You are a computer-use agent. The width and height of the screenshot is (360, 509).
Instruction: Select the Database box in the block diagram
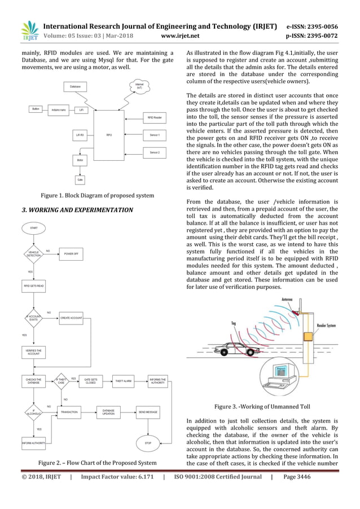(x=74, y=86)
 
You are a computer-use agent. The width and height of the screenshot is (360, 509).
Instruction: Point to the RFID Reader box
(x=154, y=117)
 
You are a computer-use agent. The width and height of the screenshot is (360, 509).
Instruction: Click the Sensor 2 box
(x=154, y=152)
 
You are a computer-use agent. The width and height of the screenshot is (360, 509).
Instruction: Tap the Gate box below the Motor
(x=80, y=180)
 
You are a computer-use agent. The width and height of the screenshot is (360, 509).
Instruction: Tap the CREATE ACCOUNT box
(x=72, y=318)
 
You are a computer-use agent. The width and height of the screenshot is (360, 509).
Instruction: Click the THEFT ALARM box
(x=124, y=381)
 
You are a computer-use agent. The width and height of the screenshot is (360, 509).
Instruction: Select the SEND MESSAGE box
(x=148, y=412)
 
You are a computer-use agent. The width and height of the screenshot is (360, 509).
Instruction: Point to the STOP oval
(x=148, y=443)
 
